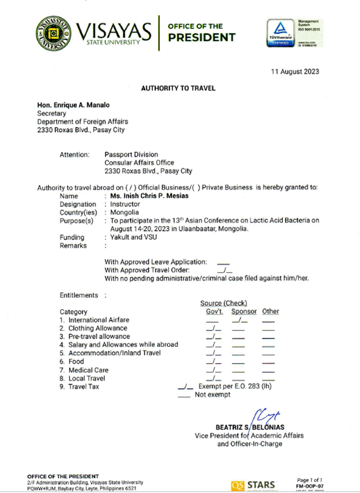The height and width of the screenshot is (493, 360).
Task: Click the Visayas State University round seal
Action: [x=54, y=33]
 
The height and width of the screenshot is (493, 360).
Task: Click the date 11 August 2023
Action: [x=295, y=72]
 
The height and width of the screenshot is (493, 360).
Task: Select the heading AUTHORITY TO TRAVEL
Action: [x=178, y=88]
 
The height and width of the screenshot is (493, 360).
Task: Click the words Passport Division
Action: [x=131, y=154]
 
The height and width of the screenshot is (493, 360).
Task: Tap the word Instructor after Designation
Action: [x=125, y=204]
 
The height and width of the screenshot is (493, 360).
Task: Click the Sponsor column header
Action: [x=244, y=311]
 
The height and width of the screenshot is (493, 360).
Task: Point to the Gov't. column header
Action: [x=214, y=311]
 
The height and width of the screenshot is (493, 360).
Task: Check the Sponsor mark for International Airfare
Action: [x=239, y=320]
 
